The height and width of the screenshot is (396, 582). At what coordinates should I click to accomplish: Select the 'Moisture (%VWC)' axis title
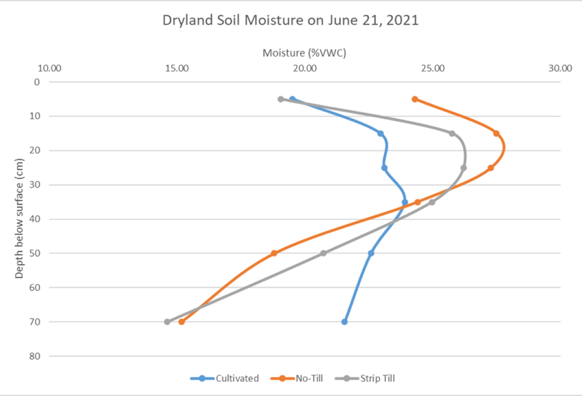(304, 53)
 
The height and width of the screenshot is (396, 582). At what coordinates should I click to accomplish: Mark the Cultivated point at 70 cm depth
(344, 322)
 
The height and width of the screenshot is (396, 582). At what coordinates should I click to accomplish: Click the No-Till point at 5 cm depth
(415, 99)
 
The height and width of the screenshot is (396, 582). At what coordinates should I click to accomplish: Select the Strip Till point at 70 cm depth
(167, 322)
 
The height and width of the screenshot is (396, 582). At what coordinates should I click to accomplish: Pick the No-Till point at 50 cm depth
(274, 253)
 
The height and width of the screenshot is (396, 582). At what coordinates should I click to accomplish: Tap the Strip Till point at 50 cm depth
(323, 253)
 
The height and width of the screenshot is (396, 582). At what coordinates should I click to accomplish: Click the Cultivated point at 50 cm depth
(371, 253)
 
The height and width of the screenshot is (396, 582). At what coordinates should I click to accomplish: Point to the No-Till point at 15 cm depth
(496, 133)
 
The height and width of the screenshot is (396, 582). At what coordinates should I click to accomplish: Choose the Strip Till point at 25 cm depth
(464, 168)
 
